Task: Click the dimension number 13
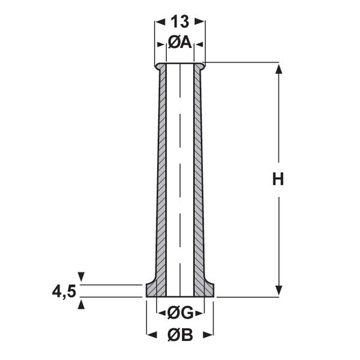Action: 180,22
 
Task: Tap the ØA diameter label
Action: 180,43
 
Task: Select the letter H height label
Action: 278,179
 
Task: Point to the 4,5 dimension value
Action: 64,292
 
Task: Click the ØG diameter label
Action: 180,313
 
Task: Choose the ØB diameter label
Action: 180,335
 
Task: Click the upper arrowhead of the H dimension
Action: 279,69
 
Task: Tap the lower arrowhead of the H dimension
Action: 279,290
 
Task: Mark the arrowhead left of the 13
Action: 160,22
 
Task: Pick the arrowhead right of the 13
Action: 200,22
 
